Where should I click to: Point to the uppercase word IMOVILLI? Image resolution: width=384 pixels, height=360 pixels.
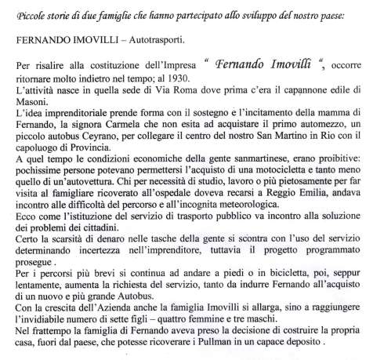tap(105, 38)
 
